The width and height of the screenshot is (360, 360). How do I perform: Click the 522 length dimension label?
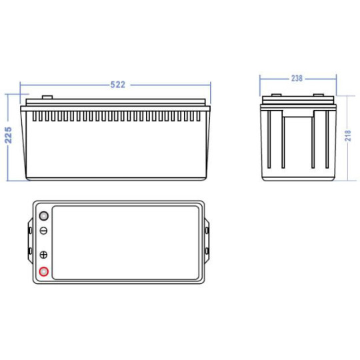pos(118,85)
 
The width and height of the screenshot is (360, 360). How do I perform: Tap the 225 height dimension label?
pos(8,135)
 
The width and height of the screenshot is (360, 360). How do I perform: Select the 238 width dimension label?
pos(297,79)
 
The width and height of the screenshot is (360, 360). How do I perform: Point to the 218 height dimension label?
pos(348,135)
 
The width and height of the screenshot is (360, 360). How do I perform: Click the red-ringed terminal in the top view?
pos(43,271)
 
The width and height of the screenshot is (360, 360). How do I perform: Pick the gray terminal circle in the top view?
pos(43,216)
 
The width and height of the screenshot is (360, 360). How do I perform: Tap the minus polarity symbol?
pos(43,231)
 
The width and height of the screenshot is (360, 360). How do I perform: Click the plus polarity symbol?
pos(43,255)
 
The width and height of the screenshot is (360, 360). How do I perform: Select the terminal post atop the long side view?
pos(47,97)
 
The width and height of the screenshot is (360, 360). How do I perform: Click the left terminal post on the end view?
pos(277,95)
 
